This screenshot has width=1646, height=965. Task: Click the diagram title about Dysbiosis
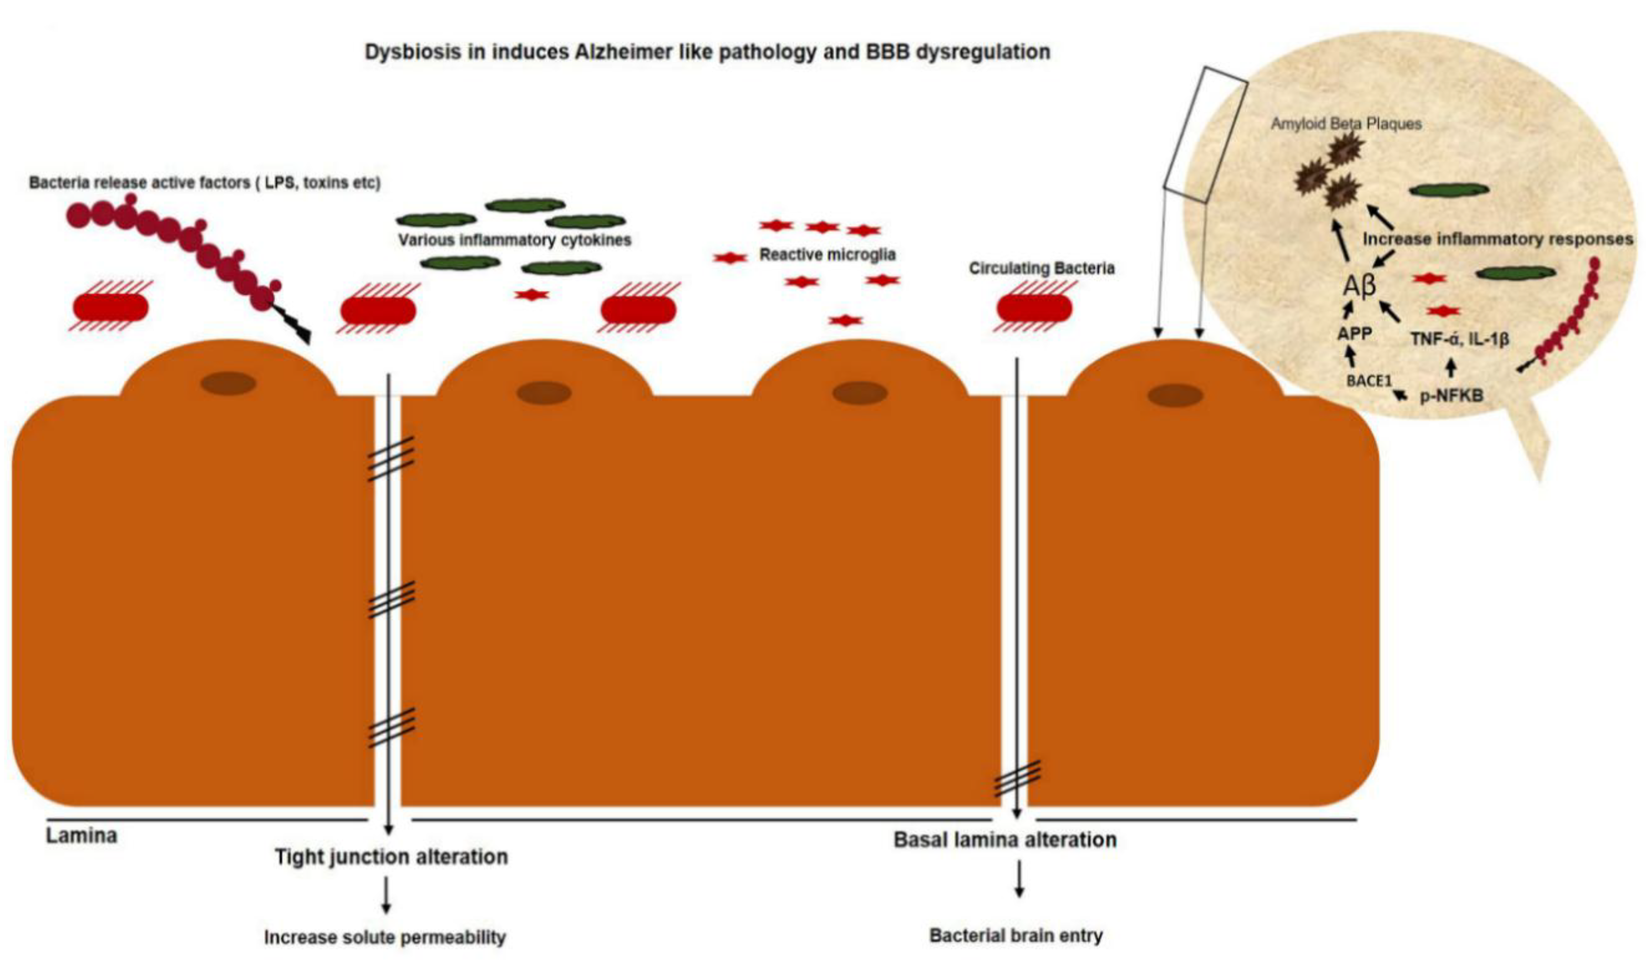point(707,52)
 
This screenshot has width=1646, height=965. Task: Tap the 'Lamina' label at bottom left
point(82,836)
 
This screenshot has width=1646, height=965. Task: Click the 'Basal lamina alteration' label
point(1005,840)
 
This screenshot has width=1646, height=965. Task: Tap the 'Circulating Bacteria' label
point(1041,268)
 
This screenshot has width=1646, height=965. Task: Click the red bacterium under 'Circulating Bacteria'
point(1034,308)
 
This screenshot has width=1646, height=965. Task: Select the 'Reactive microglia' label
point(827,254)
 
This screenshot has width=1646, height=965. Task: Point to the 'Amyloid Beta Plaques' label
point(1345,124)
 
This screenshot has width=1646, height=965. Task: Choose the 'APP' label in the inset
point(1355,333)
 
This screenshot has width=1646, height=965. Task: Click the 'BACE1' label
point(1369,380)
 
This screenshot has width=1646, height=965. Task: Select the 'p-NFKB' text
point(1451,395)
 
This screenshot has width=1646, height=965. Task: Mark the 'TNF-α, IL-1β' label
point(1459,339)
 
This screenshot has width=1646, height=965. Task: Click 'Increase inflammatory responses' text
point(1497,239)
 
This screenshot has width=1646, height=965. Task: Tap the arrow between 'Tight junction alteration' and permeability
point(386,894)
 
